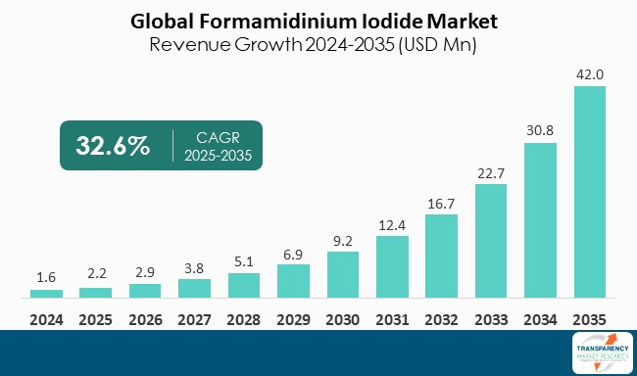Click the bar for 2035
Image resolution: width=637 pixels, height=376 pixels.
[589, 192]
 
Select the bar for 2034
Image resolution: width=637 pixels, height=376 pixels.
[540, 220]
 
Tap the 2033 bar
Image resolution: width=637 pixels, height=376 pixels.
[491, 241]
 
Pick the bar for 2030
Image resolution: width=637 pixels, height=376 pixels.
[342, 274]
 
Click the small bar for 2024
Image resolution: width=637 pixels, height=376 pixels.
[46, 293]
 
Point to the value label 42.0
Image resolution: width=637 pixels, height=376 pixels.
[589, 73]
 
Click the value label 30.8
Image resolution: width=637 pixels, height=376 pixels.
[540, 131]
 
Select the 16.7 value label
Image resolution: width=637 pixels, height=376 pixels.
[441, 203]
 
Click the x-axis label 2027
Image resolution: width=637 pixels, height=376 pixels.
[194, 318]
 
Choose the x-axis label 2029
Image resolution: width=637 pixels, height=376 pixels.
[293, 318]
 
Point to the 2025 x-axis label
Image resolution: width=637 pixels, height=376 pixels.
[95, 318]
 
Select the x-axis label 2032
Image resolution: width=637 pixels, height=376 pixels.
[441, 318]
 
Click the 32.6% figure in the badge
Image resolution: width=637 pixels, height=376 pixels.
[113, 146]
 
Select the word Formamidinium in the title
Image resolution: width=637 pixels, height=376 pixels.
[284, 20]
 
